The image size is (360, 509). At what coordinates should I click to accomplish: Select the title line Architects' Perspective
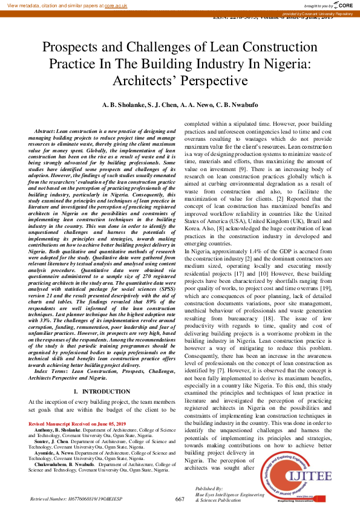click(x=180, y=80)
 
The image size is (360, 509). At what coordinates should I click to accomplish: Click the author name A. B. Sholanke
click(x=123, y=105)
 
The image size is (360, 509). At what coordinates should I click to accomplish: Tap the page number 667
click(x=180, y=499)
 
